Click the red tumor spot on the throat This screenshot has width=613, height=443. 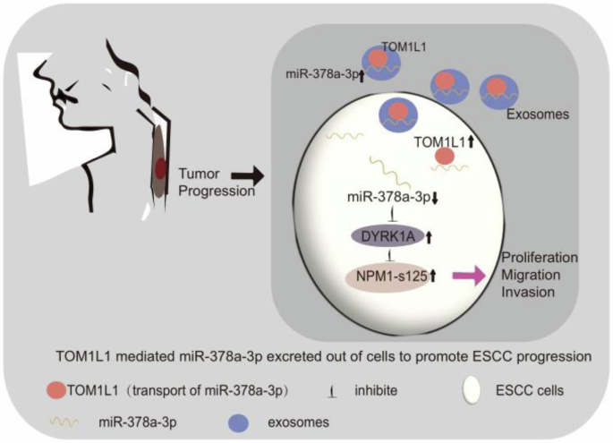pos(160,167)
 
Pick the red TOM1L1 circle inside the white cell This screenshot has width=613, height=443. pos(445,157)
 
